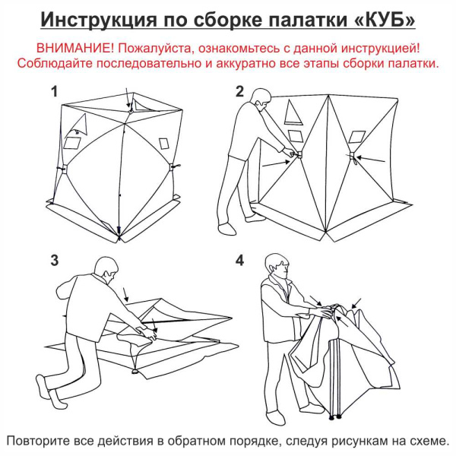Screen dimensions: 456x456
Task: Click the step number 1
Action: click(x=54, y=92)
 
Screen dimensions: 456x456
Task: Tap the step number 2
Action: click(x=239, y=92)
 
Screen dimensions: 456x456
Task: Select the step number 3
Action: click(x=54, y=261)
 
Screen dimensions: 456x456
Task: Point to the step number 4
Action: click(x=239, y=261)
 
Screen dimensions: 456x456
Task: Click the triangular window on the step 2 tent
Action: click(x=292, y=114)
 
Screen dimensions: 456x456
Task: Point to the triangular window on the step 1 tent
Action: click(x=78, y=122)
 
